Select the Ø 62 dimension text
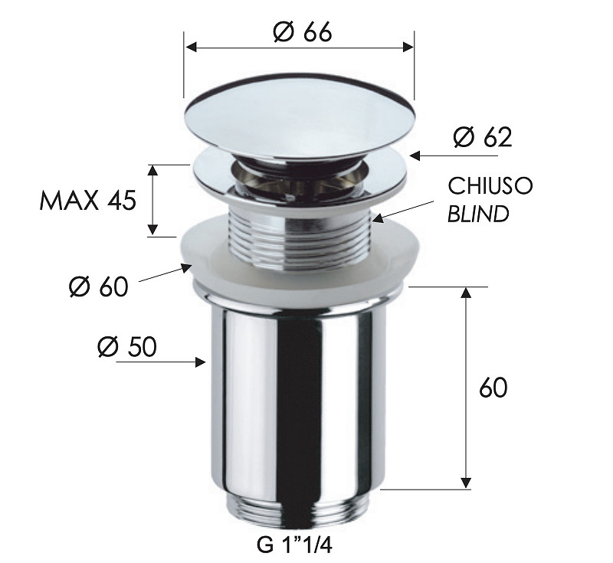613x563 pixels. click(482, 138)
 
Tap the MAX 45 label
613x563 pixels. click(87, 201)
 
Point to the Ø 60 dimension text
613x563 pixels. click(99, 287)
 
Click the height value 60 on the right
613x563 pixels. click(493, 388)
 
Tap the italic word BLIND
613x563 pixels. click(478, 214)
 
